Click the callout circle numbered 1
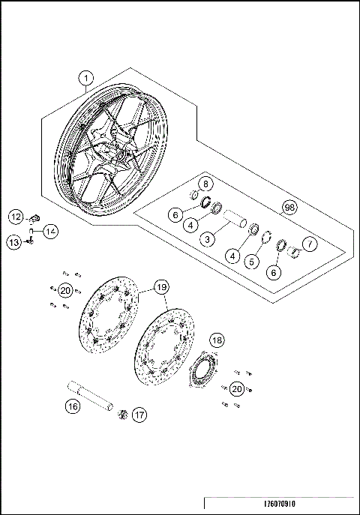point(86,78)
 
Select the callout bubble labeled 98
point(289,207)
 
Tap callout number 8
point(205,184)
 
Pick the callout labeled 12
point(16,217)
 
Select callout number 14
point(49,231)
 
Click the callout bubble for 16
point(72,407)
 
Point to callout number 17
point(139,413)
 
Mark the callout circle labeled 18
point(216,340)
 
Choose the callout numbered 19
point(161,286)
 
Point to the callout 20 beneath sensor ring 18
point(236,388)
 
